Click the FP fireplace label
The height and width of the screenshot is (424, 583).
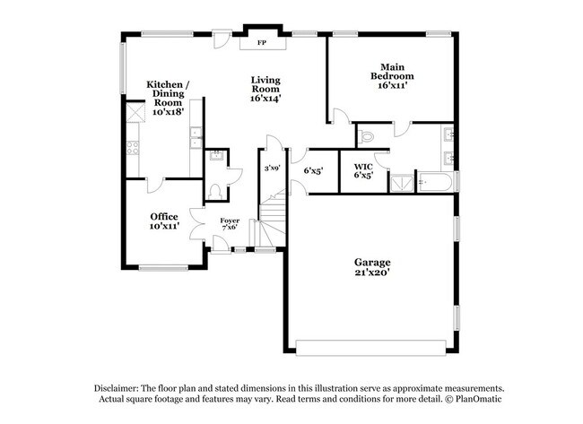point(262,42)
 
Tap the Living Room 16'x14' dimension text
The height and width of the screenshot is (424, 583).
point(266,98)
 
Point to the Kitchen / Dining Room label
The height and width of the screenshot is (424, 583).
point(167,94)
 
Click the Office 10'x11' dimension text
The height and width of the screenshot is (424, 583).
point(164,227)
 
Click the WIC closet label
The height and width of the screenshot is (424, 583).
point(363,168)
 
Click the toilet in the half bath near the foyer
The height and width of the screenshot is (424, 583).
point(214,191)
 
